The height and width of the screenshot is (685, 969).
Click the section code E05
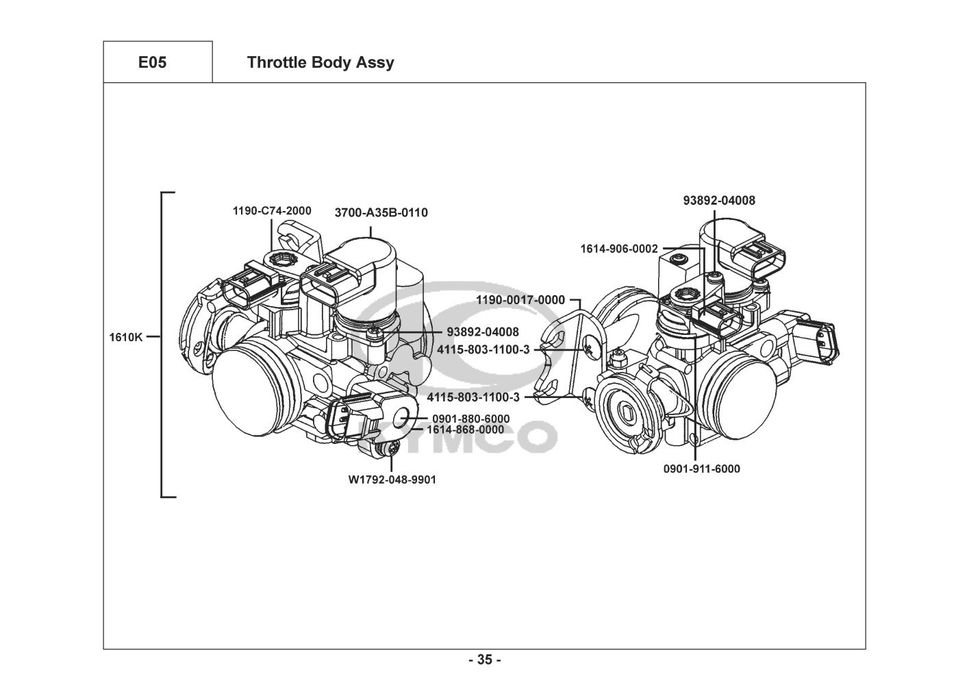coord(152,62)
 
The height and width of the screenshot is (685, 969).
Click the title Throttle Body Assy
coord(320,62)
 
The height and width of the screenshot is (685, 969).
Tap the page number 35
coord(485,660)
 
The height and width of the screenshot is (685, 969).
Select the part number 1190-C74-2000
coord(272,211)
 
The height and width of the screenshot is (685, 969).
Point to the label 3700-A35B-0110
coord(381,212)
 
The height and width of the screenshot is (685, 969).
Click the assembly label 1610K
coord(125,337)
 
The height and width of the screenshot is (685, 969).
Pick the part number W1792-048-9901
coord(392,480)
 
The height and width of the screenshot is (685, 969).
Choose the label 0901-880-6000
coord(471,419)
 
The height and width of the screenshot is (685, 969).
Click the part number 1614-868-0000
coord(466,429)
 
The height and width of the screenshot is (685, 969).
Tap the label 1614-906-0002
coord(618,249)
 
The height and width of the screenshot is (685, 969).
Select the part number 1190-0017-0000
coord(520,300)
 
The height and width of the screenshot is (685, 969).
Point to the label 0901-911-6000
coord(702,469)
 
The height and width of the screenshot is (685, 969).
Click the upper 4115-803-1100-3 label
coord(483,349)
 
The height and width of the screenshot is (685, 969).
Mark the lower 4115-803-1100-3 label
coord(473,397)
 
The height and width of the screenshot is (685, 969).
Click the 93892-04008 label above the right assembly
coord(719,200)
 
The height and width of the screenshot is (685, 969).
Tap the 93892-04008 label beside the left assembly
coord(483,332)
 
